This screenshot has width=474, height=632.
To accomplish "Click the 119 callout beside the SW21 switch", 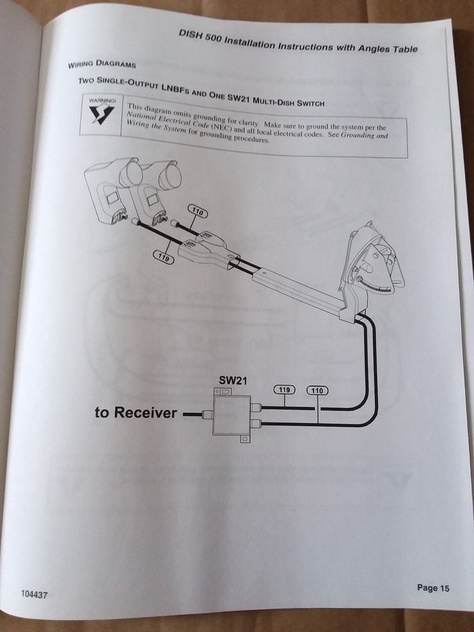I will pos(284,390).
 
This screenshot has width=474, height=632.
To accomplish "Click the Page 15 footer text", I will pos(433,588).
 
